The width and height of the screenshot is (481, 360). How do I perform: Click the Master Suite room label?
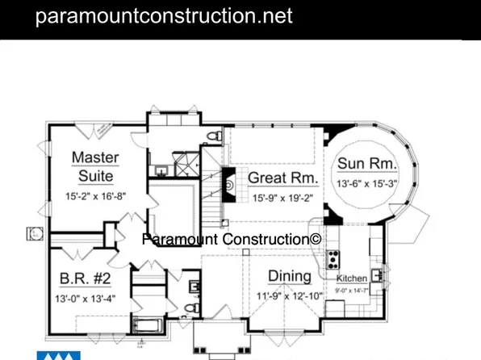coord(95,165)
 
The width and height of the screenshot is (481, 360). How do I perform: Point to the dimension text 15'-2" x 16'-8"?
coord(95,196)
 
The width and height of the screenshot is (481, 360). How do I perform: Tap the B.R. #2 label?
coord(85,279)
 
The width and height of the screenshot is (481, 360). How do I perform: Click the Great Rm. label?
coord(282,178)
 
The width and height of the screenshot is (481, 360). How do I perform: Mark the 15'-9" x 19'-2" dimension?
coord(282,197)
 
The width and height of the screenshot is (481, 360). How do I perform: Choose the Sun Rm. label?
coord(366,163)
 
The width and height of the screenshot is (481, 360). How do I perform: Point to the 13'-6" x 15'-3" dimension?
coord(367,183)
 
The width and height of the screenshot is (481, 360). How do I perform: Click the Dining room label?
coord(290,277)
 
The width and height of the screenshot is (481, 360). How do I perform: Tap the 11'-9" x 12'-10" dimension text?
coord(290,296)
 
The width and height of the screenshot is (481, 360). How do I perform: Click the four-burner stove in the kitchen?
coord(332,260)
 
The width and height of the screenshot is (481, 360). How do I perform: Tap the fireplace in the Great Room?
coord(228,185)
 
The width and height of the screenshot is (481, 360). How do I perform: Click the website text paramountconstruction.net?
coord(164,16)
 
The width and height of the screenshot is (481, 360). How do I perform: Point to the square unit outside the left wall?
coord(35,233)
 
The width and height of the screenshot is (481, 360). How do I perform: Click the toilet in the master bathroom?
coord(212,135)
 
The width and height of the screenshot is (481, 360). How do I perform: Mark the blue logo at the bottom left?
coord(59,355)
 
